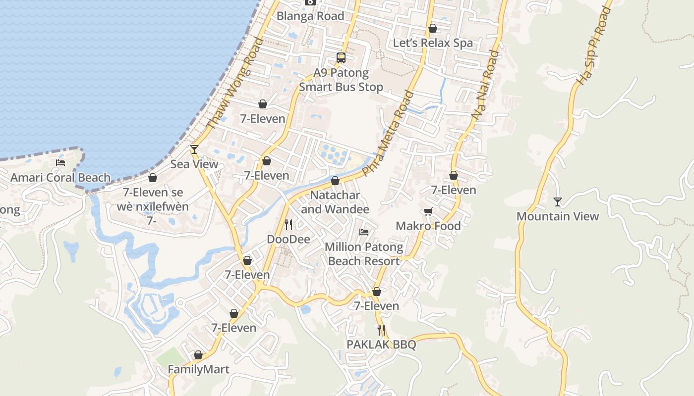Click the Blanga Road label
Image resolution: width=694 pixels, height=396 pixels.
310,16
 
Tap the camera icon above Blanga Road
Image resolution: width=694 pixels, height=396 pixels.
310,2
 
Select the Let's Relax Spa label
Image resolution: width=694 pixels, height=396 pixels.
433,43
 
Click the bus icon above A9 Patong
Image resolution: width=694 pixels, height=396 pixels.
341,57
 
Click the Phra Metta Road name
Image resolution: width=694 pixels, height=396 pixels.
388,134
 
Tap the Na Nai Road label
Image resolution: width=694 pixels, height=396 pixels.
485,85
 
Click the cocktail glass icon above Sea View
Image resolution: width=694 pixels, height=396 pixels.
194,149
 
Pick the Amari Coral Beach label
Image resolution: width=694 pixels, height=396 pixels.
60,177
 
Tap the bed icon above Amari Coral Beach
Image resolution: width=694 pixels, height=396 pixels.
60,162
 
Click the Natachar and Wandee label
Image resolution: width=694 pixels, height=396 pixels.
335,202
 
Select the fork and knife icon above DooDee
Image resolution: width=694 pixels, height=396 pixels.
289,225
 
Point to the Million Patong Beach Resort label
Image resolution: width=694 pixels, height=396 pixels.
364,254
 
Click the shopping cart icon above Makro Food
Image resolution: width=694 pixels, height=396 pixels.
428,212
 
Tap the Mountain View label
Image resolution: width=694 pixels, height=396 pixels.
558,216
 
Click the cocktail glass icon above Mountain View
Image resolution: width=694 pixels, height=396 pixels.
558,201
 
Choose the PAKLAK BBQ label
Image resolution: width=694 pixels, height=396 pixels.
381,345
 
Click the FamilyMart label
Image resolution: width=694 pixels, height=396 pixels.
198,369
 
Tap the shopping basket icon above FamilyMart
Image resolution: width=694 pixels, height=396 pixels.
198,355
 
